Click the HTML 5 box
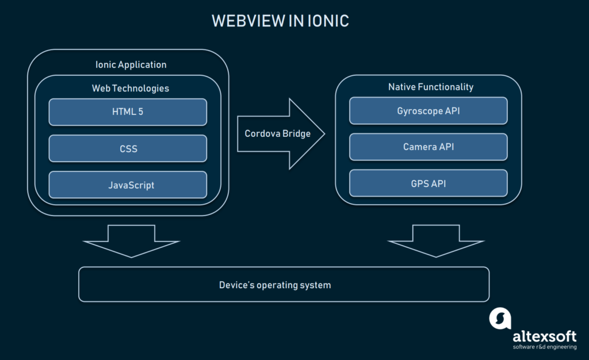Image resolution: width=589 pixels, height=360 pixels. tap(128, 112)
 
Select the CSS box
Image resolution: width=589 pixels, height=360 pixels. tap(128, 148)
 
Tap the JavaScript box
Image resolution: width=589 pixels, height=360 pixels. tap(128, 185)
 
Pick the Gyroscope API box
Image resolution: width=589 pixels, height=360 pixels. tap(429, 111)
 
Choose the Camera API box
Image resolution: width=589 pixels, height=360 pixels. tap(429, 147)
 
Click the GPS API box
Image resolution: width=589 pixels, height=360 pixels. tap(429, 183)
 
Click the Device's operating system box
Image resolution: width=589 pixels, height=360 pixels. tap(284, 285)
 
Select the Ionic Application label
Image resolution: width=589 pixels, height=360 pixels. tap(131, 64)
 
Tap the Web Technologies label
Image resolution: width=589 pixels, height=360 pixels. tap(131, 88)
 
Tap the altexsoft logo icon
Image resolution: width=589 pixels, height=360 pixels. tap(500, 318)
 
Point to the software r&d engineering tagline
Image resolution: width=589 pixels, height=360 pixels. tap(544, 347)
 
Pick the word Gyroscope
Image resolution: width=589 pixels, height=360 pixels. tap(418, 111)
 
